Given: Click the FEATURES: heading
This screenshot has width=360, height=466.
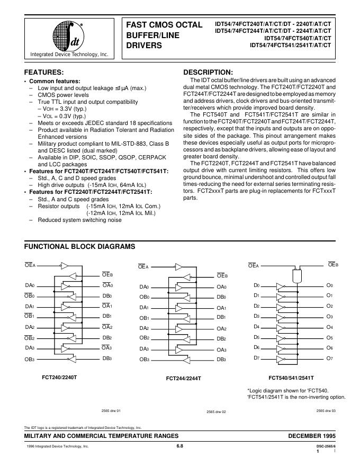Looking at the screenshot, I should [x=44, y=73].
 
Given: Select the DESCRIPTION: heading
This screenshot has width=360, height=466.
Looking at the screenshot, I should [x=208, y=73].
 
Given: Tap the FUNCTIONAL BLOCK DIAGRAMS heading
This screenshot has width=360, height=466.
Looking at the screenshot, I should [x=80, y=247].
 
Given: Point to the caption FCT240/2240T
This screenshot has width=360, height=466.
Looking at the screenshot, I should [x=59, y=378].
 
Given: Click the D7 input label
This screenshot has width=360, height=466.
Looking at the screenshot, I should [x=257, y=358].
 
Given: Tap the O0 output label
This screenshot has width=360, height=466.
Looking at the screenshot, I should [x=329, y=285].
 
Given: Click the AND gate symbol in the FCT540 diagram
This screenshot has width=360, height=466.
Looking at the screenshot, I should [x=296, y=274].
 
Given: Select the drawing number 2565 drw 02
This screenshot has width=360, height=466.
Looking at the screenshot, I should [x=216, y=411].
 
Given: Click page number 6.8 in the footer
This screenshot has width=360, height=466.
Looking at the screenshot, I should [x=179, y=446].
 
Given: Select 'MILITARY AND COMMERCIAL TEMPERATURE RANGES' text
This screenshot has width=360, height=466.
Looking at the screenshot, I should [x=101, y=435].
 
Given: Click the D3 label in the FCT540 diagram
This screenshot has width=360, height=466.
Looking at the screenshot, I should [x=257, y=317].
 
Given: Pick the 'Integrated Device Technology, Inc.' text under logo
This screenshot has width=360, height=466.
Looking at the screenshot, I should [x=69, y=55].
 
